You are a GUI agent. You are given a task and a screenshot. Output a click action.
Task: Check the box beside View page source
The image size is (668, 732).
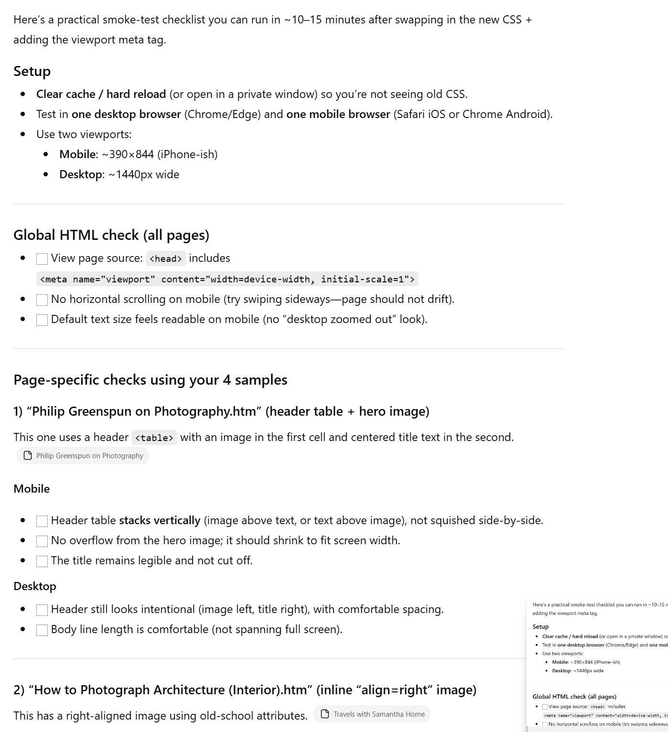(42, 259)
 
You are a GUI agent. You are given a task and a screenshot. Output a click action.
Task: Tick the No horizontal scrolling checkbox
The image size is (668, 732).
(42, 300)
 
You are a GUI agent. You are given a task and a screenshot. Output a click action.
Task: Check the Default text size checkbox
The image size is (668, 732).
(42, 320)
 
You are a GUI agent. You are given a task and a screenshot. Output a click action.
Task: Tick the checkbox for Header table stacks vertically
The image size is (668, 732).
(42, 521)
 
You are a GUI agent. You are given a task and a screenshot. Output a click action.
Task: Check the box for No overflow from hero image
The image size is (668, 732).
(42, 541)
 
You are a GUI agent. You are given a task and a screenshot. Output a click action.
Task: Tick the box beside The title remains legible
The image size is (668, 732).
(42, 561)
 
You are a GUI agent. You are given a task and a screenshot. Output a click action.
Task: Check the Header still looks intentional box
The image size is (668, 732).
(42, 610)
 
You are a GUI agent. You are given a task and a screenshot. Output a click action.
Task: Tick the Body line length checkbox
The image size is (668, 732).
(42, 630)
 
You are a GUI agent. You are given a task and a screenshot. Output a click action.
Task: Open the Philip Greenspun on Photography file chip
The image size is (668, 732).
(83, 456)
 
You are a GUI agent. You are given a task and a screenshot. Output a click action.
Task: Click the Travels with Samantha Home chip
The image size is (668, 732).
(372, 714)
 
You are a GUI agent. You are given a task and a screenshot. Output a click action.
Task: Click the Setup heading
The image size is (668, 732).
(32, 71)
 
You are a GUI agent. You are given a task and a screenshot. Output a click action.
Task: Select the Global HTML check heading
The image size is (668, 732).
(111, 235)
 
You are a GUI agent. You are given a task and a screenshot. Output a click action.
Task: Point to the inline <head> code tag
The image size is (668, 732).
(165, 258)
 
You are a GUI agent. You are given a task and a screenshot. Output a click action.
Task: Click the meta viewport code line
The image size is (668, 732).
(227, 279)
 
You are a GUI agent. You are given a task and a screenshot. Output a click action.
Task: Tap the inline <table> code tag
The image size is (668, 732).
(154, 438)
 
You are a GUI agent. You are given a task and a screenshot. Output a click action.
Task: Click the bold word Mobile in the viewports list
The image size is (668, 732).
(77, 154)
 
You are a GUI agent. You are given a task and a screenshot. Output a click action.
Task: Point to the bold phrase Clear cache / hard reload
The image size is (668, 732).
(101, 94)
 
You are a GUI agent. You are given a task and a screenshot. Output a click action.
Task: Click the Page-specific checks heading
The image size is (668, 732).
(150, 380)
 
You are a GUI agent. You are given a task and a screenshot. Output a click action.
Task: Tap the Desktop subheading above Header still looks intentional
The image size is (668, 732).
(35, 586)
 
